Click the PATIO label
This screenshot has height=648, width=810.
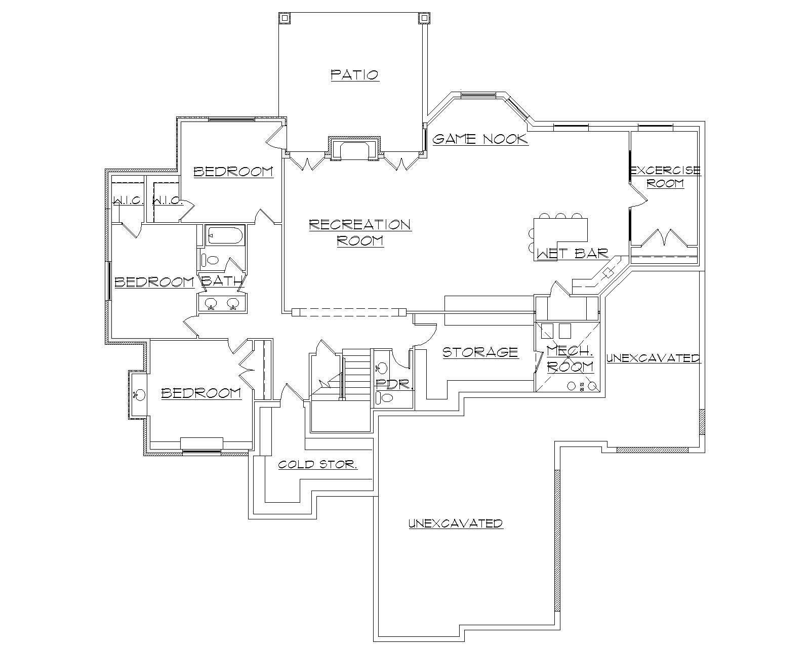(x=354, y=75)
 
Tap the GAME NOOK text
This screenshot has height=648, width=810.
(x=479, y=139)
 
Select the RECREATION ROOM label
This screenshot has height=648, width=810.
(x=360, y=232)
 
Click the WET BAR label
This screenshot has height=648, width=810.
(x=572, y=253)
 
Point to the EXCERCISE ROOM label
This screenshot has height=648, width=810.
(x=665, y=177)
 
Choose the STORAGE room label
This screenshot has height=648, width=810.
(x=480, y=352)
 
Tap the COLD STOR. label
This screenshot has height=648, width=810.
(x=318, y=464)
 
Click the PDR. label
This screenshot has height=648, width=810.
(x=394, y=383)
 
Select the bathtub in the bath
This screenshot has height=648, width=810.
(x=225, y=235)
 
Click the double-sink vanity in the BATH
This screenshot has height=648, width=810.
(x=221, y=304)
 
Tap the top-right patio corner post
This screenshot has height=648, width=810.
(x=423, y=18)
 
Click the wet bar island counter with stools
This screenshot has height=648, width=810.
(x=561, y=230)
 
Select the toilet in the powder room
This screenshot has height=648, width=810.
(x=386, y=397)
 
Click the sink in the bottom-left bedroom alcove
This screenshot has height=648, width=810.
(x=139, y=394)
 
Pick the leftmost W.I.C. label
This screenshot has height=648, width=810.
(x=128, y=200)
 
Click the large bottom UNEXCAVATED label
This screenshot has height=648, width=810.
(x=455, y=523)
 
